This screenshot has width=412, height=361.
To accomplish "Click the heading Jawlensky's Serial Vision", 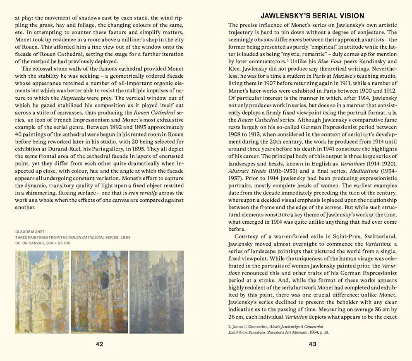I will [312, 16].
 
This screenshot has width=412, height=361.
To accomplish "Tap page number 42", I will [99, 344].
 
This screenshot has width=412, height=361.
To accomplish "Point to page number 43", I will [312, 344].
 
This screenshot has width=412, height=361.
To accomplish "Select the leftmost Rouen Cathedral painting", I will [42, 292].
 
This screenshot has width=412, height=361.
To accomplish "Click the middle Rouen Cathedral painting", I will [99, 292].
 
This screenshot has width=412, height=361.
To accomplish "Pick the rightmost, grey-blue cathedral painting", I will [156, 292].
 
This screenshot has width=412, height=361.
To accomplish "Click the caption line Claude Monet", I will [31, 232].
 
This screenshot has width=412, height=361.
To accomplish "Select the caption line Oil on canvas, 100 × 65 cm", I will [43, 243].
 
